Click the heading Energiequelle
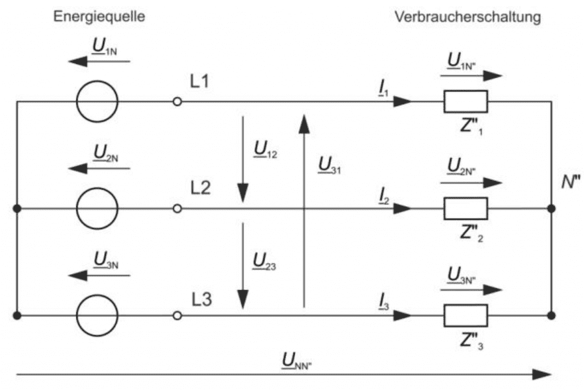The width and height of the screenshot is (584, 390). click(x=99, y=17)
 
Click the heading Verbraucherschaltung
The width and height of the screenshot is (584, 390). click(x=467, y=17)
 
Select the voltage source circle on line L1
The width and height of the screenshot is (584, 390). click(x=98, y=102)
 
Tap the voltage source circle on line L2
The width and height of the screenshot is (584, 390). click(x=98, y=209)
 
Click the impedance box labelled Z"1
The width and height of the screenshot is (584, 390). click(x=465, y=102)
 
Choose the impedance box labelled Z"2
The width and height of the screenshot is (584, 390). click(x=465, y=209)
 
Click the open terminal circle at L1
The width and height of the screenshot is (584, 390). click(x=177, y=102)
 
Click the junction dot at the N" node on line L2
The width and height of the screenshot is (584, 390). click(x=551, y=209)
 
